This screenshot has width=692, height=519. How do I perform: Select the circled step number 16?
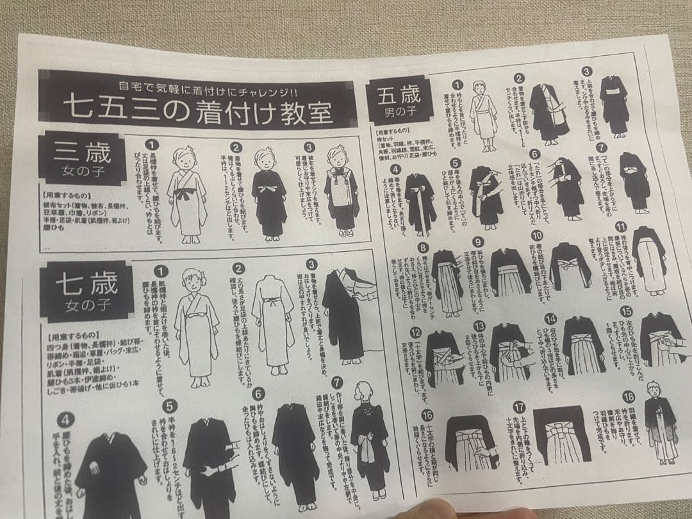click(x=427, y=415)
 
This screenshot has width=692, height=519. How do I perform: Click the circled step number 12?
click(x=416, y=332)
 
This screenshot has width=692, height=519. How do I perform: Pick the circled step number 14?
click(x=550, y=318)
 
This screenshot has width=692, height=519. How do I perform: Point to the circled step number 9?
click(x=477, y=242)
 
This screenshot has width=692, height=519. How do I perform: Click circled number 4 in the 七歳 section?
click(x=64, y=421)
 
